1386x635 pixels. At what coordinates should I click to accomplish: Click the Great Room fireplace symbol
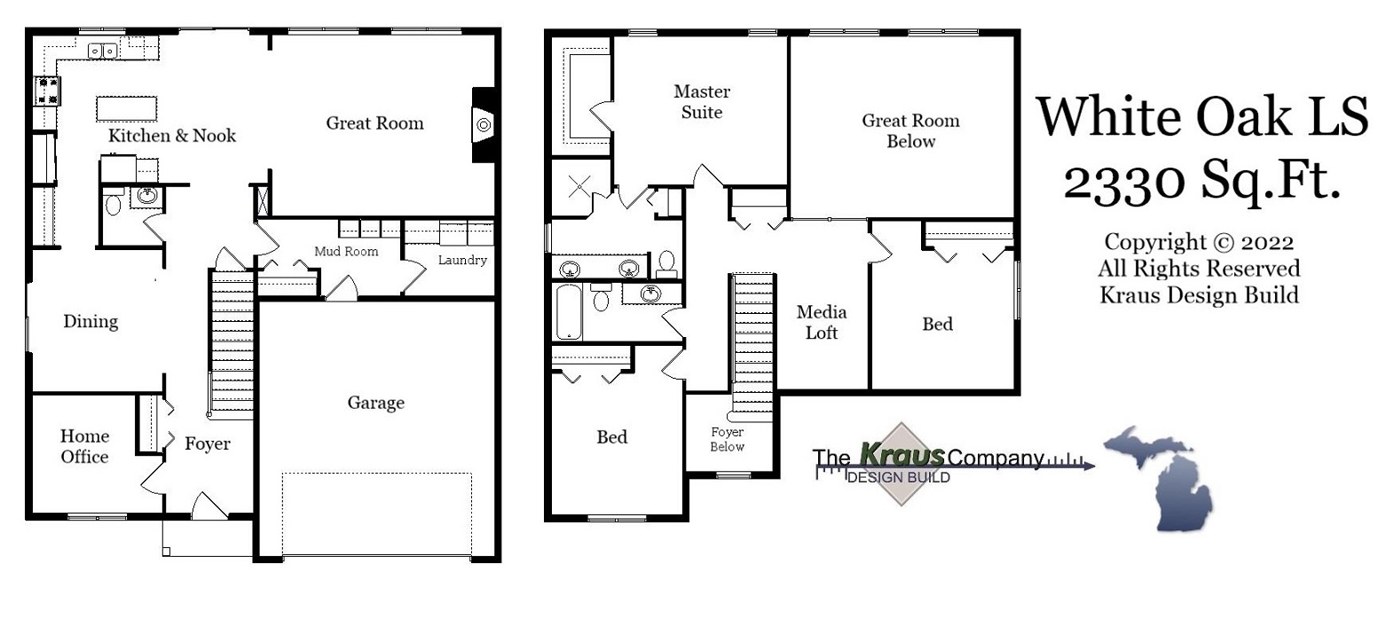tap(484, 124)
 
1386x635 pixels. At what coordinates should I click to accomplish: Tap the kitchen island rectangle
tap(127, 108)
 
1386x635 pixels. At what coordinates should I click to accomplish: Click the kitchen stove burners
tap(47, 89)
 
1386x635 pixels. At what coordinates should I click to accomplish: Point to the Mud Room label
tap(346, 252)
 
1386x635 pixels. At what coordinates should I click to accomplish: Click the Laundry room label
tap(462, 261)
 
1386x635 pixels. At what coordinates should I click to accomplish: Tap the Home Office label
tap(84, 446)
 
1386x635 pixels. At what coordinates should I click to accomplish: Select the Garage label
tap(375, 404)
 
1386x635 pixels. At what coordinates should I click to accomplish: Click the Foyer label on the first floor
tap(207, 443)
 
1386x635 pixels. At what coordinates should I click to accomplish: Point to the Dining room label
tap(91, 322)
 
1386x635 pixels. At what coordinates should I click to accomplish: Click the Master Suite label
tap(702, 102)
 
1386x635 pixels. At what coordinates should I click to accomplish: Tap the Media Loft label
tap(821, 323)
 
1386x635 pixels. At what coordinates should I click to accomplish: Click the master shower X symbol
tap(579, 186)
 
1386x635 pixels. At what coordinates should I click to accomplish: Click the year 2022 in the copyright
tap(1268, 242)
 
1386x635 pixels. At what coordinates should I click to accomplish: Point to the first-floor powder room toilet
tap(114, 205)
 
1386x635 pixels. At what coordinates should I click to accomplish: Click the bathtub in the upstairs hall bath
tap(568, 310)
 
